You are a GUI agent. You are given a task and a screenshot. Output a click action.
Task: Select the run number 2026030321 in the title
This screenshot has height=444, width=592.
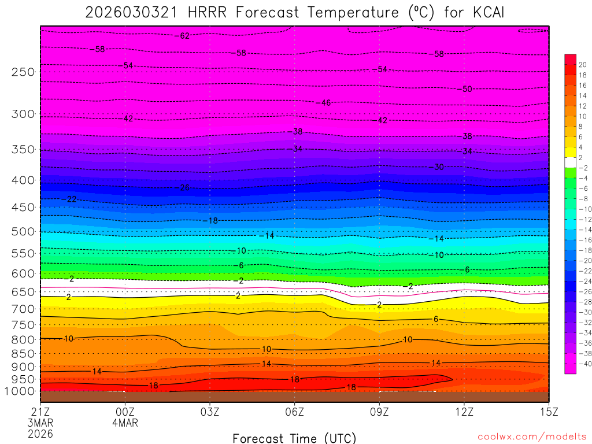coord(128,13)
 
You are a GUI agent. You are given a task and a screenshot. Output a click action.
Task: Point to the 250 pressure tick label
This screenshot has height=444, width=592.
coord(23,72)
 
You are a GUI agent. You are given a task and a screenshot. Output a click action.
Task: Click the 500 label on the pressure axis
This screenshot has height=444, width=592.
coord(23,232)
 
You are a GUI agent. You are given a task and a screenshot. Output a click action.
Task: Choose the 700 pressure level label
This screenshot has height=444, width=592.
coord(23,309)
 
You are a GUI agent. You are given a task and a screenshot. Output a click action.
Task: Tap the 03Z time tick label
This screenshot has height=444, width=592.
coord(210,412)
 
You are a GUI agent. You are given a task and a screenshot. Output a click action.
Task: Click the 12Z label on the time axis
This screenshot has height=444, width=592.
coord(464,412)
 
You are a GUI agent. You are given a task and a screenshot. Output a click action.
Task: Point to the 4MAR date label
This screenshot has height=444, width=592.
coord(125,423)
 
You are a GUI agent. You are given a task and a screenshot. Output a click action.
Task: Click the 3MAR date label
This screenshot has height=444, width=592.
coord(40,423)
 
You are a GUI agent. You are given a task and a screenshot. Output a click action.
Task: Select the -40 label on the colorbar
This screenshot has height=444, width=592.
coord(582,363)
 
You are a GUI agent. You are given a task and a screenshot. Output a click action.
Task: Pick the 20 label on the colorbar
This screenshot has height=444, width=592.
coord(582,65)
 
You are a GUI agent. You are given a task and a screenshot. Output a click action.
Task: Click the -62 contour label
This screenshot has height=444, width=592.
coord(183,36)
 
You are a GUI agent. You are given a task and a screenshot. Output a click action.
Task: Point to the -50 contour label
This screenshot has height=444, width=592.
coord(466,89)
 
